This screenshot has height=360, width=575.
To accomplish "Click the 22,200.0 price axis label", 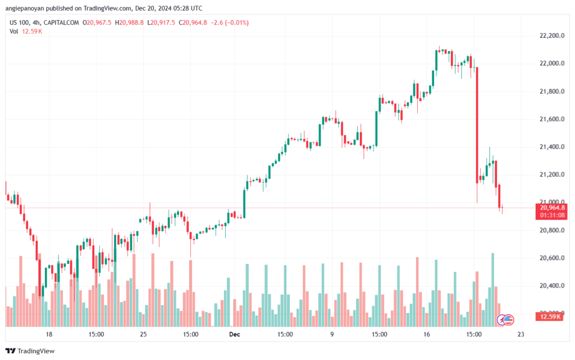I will coord(548,35).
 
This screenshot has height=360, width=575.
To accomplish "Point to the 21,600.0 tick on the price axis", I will coord(548,119).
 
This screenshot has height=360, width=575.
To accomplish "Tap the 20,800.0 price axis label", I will coord(548,230).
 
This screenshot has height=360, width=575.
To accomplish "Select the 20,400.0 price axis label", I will coord(548,286).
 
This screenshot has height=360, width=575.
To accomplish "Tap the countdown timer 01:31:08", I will coord(551,215).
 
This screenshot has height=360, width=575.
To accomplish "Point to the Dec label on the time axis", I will coord(234,334).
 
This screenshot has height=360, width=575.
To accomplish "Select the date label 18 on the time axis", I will coord(49,334).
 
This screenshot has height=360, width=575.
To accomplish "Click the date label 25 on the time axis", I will coord(143,334).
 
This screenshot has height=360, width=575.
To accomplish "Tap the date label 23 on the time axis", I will coord(521,334).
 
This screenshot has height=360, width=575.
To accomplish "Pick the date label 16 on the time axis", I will coord(427,334).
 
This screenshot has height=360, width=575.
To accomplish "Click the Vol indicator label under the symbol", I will coord(13,31).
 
